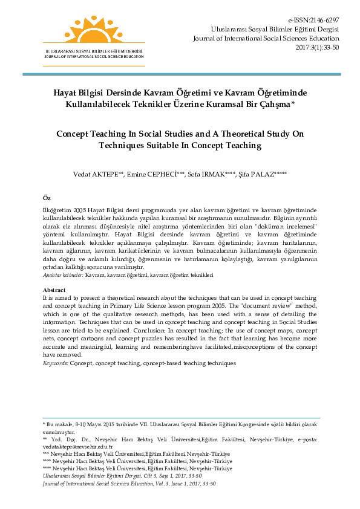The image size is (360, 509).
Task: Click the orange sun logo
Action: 93,27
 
